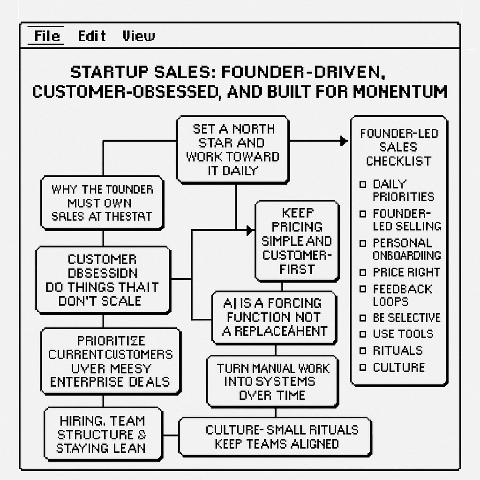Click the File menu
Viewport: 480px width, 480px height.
coord(46,36)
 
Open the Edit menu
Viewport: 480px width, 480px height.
coord(91,36)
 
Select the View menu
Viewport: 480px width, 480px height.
coord(138,36)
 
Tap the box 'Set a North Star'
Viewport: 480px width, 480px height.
coord(232,150)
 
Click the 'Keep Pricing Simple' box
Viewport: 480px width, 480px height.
coord(297,241)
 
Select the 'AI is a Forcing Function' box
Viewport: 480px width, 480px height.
coord(274,317)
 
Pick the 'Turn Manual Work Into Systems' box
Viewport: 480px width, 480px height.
coord(273,382)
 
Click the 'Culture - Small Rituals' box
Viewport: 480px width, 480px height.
coord(276,437)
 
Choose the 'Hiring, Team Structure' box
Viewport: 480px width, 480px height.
coord(102,434)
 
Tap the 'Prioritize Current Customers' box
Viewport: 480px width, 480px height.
coord(110,361)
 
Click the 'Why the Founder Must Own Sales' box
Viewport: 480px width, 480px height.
coord(102,203)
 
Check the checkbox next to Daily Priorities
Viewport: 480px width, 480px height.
coord(363,184)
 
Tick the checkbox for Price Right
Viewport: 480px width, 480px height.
coord(363,272)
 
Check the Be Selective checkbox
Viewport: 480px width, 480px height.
coord(363,318)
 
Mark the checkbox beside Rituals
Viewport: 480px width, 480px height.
coord(363,351)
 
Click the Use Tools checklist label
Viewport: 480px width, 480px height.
coord(403,334)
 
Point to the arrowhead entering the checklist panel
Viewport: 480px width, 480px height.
coord(344,141)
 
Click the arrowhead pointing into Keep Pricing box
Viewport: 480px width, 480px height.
coord(250,230)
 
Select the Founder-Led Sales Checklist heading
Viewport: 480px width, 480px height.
coord(399,147)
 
